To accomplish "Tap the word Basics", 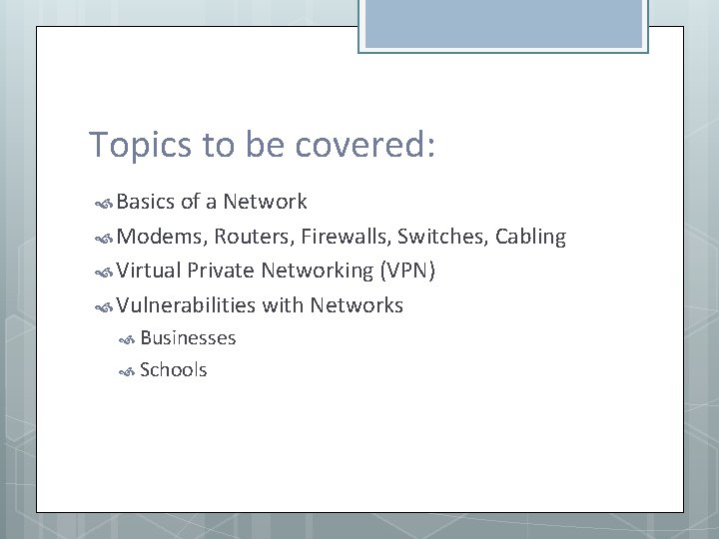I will [146, 203].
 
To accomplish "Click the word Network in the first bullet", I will [265, 203].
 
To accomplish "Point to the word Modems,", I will [156, 237].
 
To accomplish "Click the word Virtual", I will [149, 270].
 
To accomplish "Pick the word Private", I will [221, 270].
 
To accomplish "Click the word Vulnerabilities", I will [186, 304].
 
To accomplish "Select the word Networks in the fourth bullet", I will [357, 304].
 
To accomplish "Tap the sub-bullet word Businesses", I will [188, 338].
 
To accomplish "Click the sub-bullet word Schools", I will [174, 370].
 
